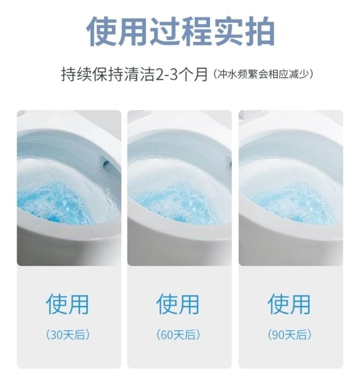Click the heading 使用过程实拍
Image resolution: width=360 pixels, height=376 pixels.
[180, 31]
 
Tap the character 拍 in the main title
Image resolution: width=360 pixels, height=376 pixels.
[260, 31]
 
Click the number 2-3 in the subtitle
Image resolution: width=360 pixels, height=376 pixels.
[167, 74]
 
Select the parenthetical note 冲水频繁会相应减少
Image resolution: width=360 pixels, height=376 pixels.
[264, 74]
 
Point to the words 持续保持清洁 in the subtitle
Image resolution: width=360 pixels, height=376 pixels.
[108, 74]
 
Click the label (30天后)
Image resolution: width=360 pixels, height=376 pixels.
[68, 335]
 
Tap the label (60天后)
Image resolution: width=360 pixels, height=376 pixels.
[178, 335]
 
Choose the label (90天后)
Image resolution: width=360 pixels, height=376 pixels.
[290, 335]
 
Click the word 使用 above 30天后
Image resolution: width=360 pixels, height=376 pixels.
[67, 304]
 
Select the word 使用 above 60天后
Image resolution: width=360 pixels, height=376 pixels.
[178, 304]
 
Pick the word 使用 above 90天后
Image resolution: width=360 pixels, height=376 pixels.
[289, 304]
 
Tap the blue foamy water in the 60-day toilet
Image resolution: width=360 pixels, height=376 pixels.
[173, 204]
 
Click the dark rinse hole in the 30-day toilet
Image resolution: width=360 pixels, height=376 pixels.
[106, 164]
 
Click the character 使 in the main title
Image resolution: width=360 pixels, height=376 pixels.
[101, 31]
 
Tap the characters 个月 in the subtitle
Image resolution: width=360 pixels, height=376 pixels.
[193, 74]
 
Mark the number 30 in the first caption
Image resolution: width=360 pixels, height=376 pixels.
[57, 335]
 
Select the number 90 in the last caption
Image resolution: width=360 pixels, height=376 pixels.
[278, 335]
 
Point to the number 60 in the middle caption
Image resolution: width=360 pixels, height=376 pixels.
[167, 335]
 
